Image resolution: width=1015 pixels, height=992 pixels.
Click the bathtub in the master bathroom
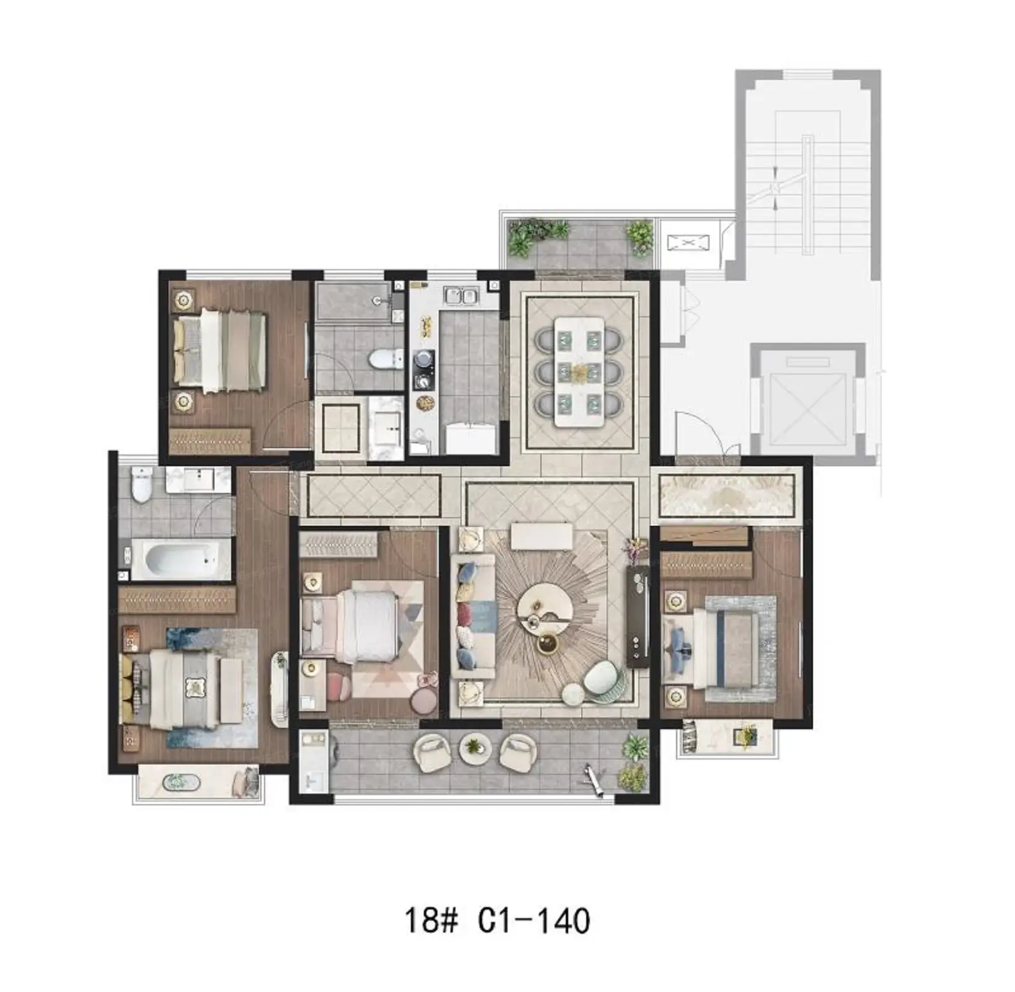(182, 559)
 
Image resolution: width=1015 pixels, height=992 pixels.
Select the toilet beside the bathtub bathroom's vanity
(142, 484)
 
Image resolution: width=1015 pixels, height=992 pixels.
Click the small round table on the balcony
(475, 749)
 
